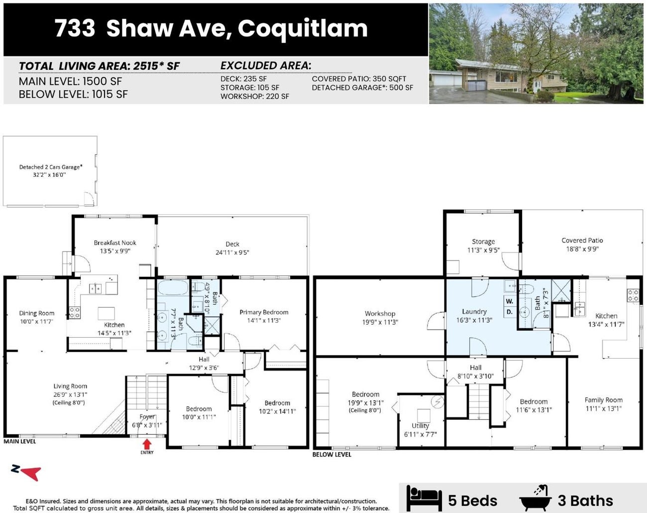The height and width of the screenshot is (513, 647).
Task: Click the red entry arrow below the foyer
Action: [x=147, y=443]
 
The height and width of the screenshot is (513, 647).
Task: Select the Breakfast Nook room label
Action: [x=115, y=243]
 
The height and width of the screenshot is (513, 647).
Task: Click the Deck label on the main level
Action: [x=232, y=244]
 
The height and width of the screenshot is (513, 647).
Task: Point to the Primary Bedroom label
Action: [x=264, y=312]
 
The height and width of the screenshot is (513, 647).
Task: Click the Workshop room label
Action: [x=380, y=314]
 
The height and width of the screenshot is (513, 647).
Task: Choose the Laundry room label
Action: [x=474, y=312]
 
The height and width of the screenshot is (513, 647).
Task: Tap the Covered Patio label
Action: [x=582, y=241]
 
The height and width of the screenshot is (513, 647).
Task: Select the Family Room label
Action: [x=603, y=400]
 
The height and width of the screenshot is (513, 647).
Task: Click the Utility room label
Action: [x=420, y=426]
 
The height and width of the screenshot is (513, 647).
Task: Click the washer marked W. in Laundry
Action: [x=509, y=301]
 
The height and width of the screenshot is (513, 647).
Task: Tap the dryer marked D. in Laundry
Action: [x=509, y=312]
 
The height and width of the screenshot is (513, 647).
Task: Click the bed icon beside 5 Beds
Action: [x=424, y=498]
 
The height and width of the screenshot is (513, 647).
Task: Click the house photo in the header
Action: [x=536, y=53]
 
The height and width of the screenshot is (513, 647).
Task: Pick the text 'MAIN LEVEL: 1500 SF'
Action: [x=70, y=82]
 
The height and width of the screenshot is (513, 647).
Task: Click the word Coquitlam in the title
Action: [x=303, y=28]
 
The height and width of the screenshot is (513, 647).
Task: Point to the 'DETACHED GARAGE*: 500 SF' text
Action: [x=362, y=88]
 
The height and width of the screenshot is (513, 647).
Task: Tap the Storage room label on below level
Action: [x=483, y=242]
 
